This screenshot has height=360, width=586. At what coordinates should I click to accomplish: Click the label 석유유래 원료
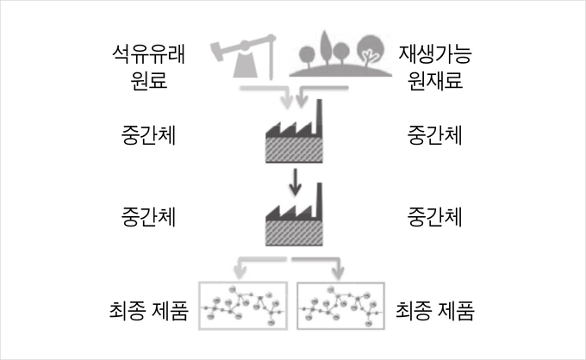pyautogui.click(x=148, y=67)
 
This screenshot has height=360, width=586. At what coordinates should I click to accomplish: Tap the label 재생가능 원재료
pyautogui.click(x=435, y=67)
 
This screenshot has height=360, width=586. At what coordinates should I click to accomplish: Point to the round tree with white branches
pyautogui.click(x=371, y=51)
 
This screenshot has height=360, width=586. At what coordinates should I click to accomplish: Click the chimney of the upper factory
pyautogui.click(x=319, y=118)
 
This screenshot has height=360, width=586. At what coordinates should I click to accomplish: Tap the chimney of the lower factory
pyautogui.click(x=319, y=201)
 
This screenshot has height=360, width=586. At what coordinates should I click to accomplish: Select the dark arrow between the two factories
pyautogui.click(x=296, y=182)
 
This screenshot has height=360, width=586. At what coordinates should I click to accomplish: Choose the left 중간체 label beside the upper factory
pyautogui.click(x=148, y=135)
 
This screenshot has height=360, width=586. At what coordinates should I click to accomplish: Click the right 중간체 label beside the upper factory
pyautogui.click(x=435, y=135)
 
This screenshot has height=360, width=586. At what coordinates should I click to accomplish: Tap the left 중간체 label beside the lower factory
pyautogui.click(x=148, y=217)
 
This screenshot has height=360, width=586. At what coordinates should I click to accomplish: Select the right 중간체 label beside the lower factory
pyautogui.click(x=435, y=217)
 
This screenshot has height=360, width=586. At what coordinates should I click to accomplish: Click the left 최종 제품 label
pyautogui.click(x=148, y=310)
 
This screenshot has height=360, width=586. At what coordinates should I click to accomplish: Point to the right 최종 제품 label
pyautogui.click(x=435, y=310)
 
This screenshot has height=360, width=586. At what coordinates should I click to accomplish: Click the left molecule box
pyautogui.click(x=243, y=282)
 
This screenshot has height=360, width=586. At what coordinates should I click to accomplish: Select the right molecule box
pyautogui.click(x=341, y=282)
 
